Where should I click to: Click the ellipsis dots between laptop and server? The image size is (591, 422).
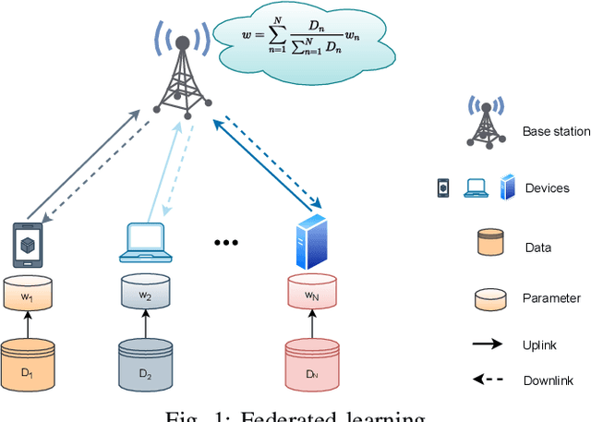[226, 243]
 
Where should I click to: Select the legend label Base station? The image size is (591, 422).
[555, 132]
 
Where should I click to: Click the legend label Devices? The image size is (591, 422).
[546, 188]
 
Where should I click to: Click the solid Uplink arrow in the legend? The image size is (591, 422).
[486, 344]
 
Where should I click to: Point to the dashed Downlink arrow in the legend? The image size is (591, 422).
[486, 380]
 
